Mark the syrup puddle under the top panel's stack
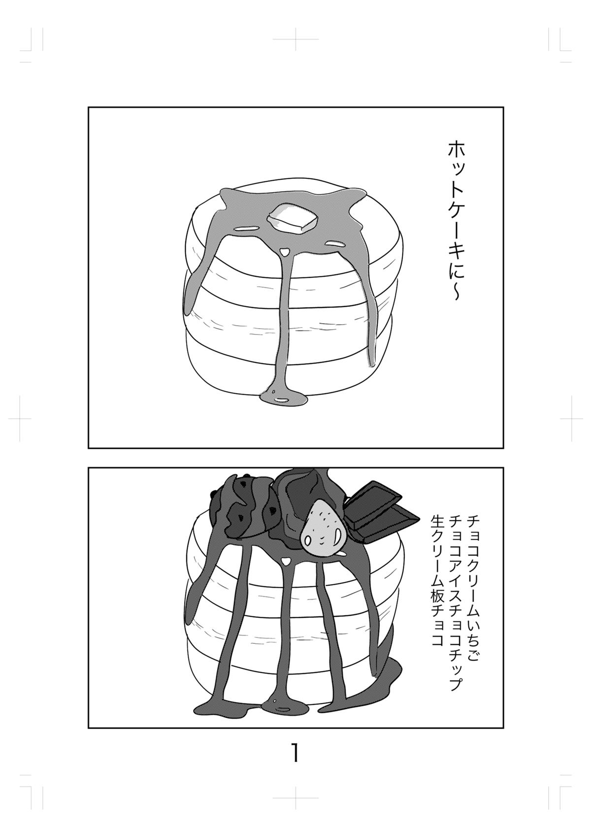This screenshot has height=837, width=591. (x=284, y=400)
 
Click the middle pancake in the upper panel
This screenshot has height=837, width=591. (x=293, y=299)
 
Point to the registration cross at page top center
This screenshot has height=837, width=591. (x=295, y=39)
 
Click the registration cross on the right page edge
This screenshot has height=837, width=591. (x=571, y=419)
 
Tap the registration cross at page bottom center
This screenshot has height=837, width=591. (x=295, y=798)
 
